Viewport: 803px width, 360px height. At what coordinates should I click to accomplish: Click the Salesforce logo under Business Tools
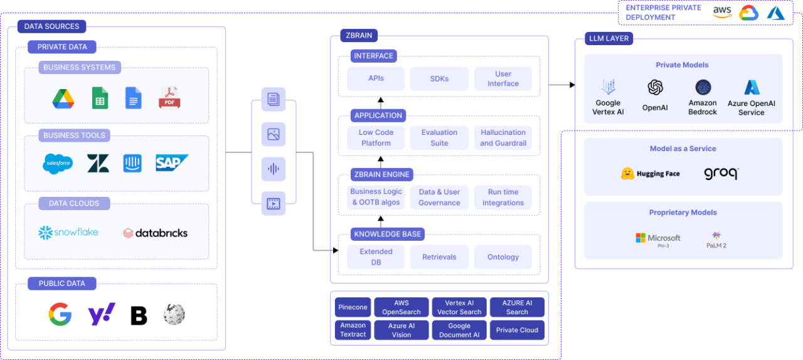(x=58, y=164)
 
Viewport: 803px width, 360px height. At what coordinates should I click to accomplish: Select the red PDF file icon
(x=169, y=98)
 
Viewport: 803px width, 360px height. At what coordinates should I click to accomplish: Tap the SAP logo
(x=172, y=163)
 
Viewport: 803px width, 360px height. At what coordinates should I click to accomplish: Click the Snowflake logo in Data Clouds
(x=68, y=233)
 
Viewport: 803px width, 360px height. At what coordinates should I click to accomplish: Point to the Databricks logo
(x=155, y=233)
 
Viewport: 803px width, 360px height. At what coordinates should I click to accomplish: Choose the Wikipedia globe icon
(x=174, y=314)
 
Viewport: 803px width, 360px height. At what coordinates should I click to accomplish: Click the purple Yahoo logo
(x=101, y=314)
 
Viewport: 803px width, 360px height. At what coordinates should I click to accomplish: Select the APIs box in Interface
(x=376, y=78)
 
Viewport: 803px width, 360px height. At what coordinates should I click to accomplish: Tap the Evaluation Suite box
(x=439, y=138)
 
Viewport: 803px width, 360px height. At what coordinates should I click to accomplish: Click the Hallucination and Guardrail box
(x=503, y=138)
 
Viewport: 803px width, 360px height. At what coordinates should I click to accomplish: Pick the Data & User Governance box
(x=439, y=197)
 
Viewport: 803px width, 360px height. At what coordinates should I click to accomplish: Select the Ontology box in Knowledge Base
(x=503, y=257)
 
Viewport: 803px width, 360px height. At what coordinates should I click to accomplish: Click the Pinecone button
(x=353, y=307)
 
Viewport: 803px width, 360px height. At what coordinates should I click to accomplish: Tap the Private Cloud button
(x=517, y=330)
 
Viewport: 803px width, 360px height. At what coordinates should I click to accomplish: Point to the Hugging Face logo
(x=650, y=174)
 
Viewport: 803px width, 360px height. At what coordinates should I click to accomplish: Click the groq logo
(x=721, y=174)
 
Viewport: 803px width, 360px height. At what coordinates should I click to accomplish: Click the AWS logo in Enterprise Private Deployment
(x=722, y=13)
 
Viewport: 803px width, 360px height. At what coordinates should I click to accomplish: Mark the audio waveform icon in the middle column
(x=273, y=169)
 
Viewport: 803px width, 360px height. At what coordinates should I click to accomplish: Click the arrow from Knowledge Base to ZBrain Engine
(x=380, y=220)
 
